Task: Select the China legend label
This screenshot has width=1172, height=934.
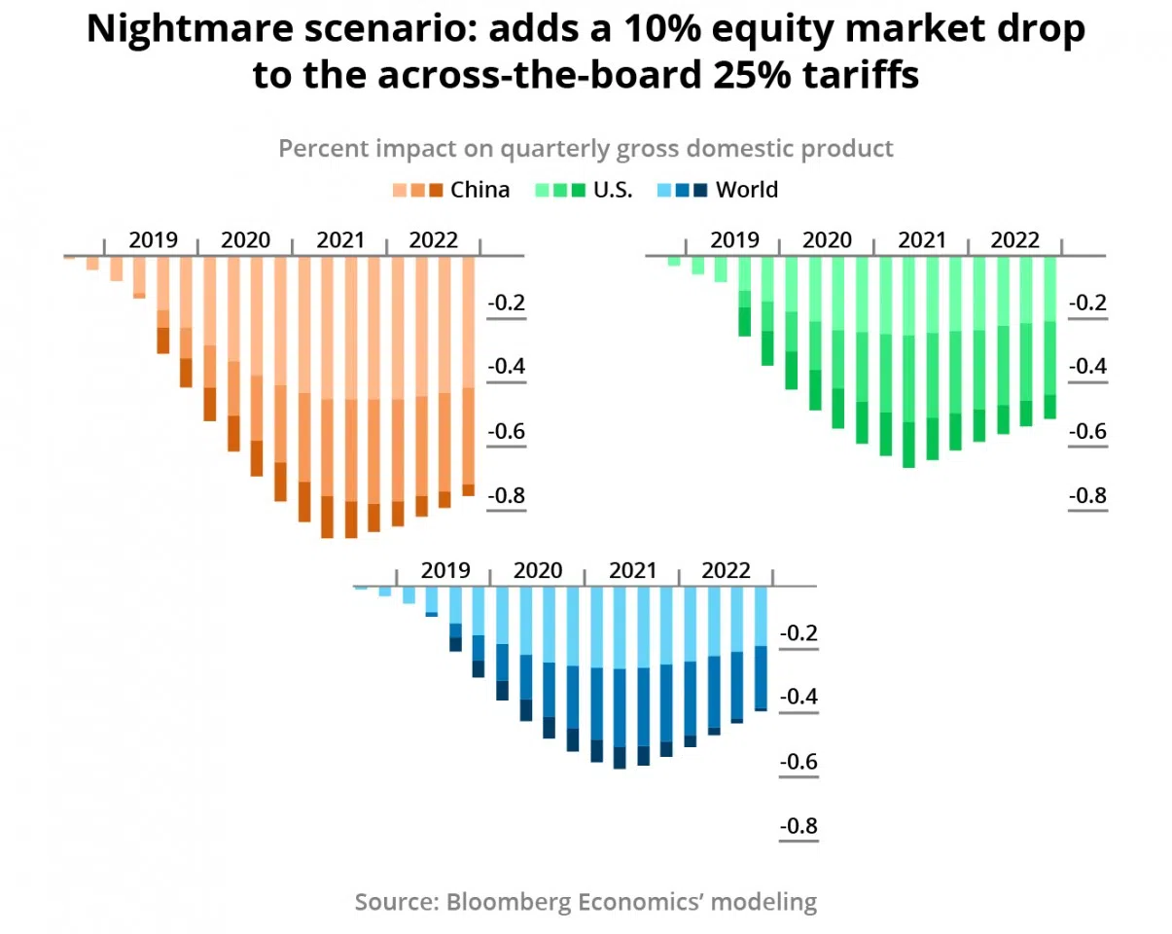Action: [x=479, y=190]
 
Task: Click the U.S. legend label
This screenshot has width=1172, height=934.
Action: [x=613, y=190]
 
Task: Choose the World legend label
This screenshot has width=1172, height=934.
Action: [x=746, y=190]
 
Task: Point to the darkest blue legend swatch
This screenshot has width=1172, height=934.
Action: [x=700, y=190]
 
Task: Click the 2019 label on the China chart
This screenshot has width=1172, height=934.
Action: [x=153, y=240]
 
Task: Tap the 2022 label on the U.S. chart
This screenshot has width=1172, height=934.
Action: [x=1014, y=240]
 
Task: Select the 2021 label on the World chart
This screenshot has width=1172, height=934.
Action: [x=632, y=570]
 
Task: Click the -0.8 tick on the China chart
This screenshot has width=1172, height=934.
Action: [x=506, y=496]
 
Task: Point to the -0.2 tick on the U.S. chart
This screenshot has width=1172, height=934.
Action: [x=1087, y=304]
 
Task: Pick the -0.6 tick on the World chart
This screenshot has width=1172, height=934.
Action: [x=799, y=762]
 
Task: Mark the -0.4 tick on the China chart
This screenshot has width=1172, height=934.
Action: [x=506, y=367]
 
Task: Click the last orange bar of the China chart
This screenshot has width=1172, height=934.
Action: [x=468, y=376]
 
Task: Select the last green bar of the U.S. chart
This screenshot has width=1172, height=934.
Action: [x=1049, y=338]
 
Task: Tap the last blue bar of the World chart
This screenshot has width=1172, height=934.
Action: [x=761, y=649]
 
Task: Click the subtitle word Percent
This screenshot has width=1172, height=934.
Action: [x=318, y=149]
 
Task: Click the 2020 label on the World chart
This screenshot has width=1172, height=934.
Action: [x=538, y=570]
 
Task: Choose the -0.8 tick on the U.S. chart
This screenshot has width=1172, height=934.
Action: [x=1087, y=496]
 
